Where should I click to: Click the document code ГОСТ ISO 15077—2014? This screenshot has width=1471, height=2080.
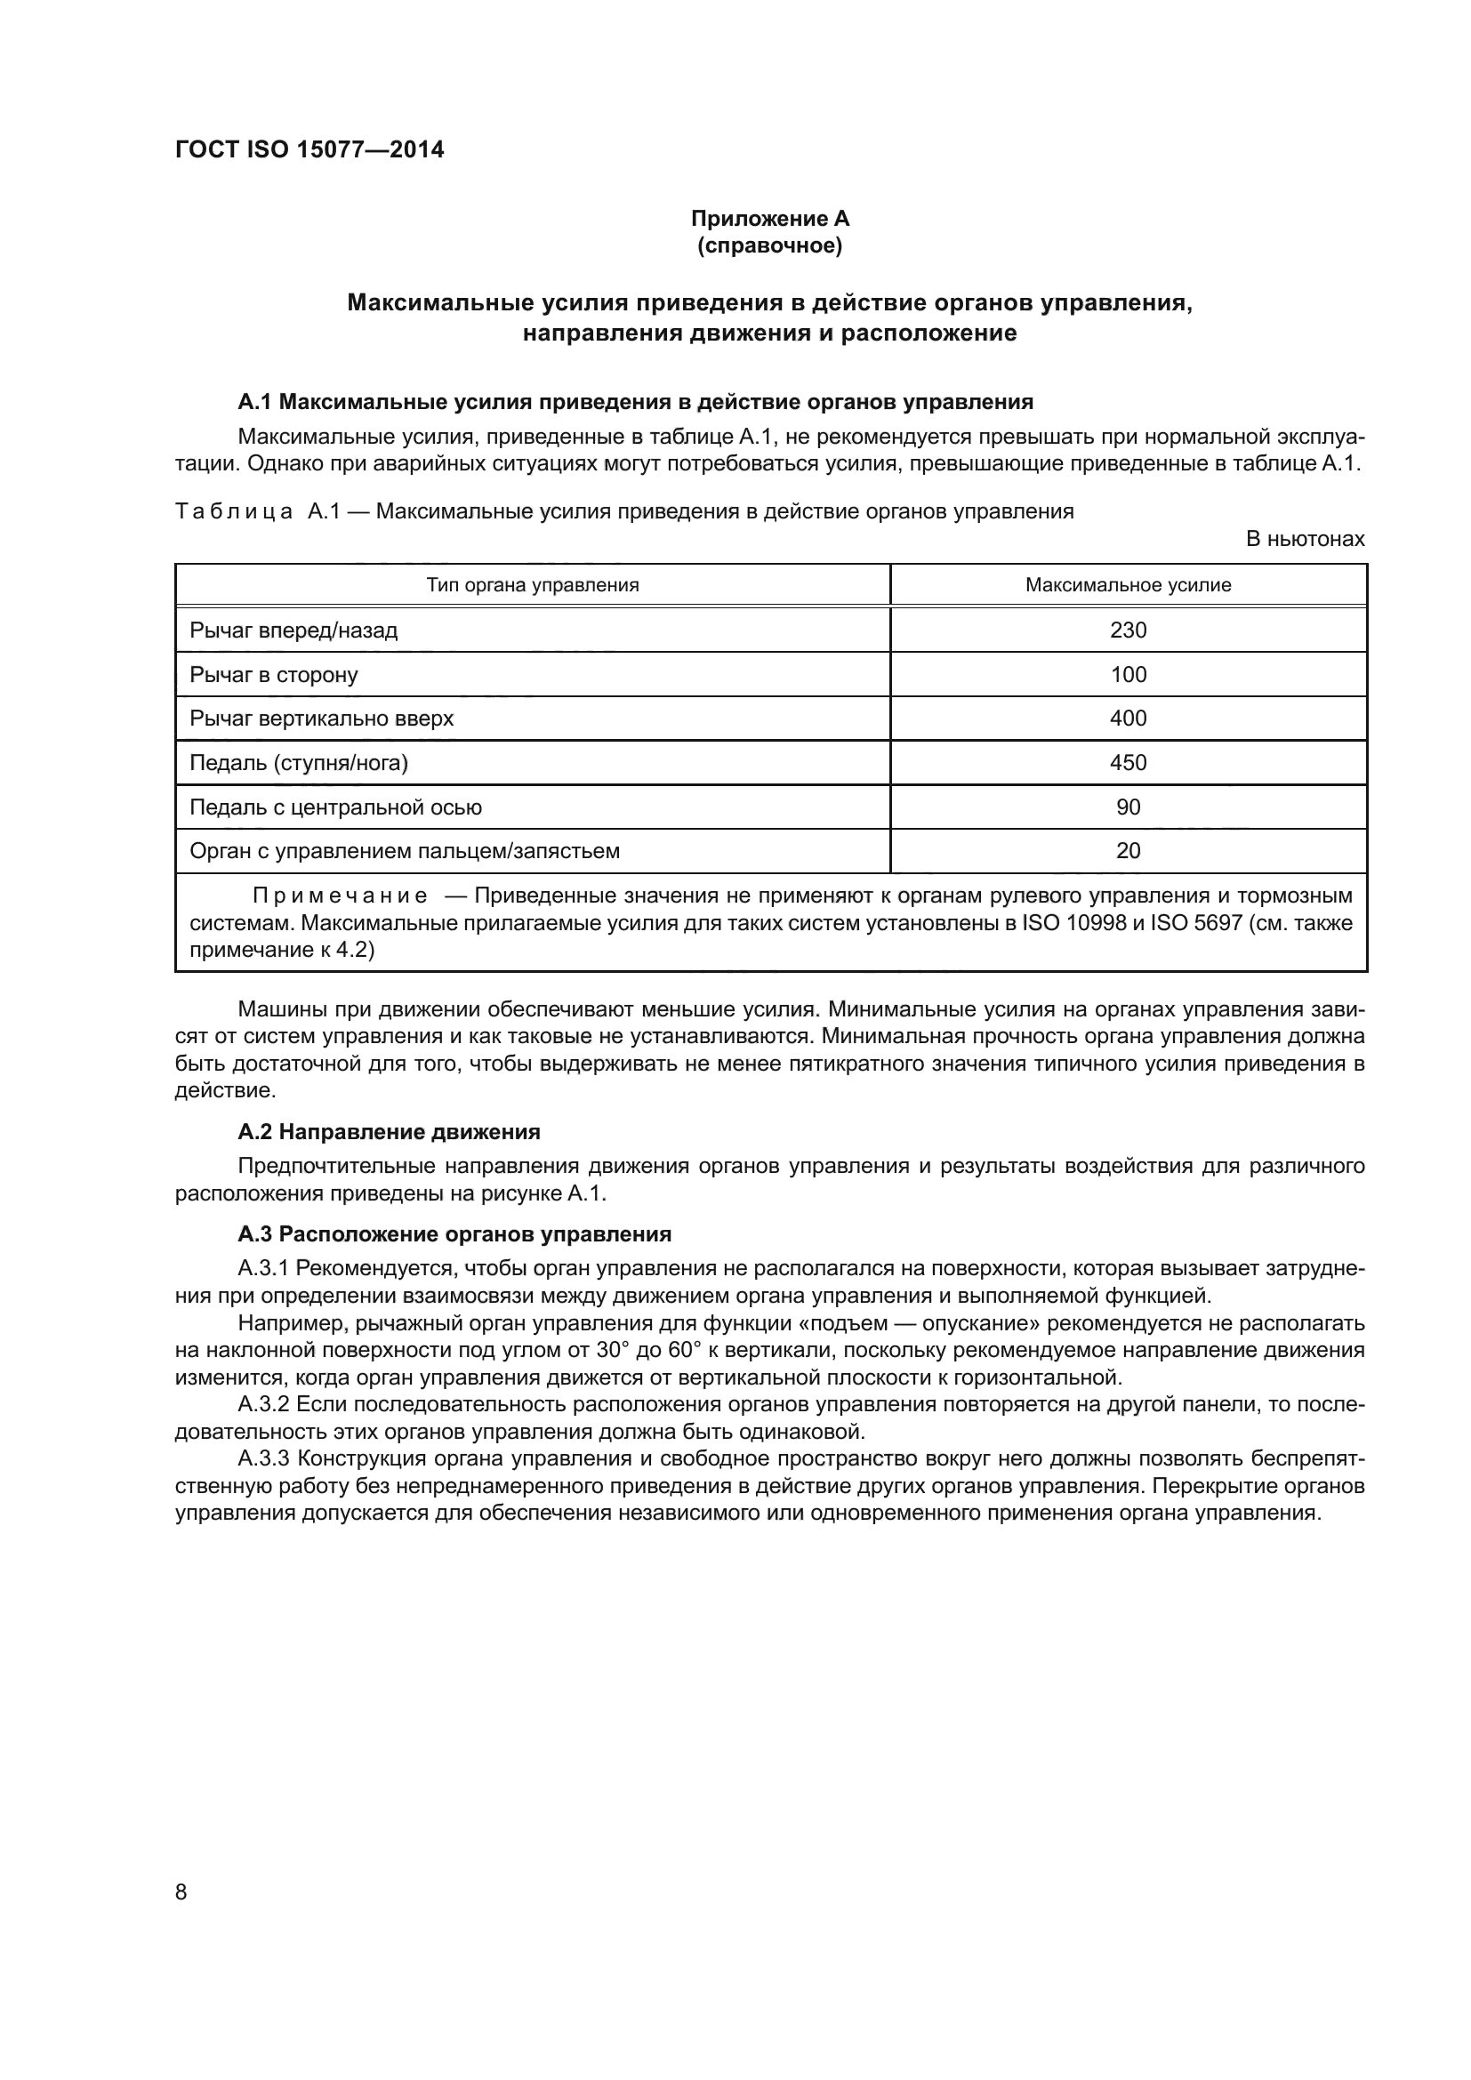pyautogui.click(x=309, y=149)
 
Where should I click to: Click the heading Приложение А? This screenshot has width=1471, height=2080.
pyautogui.click(x=770, y=219)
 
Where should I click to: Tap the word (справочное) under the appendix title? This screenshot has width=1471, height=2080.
pyautogui.click(x=770, y=245)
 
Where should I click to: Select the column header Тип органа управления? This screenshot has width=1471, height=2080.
pyautogui.click(x=533, y=585)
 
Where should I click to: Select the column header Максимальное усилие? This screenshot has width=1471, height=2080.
pyautogui.click(x=1128, y=585)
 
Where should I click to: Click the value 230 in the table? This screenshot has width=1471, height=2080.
pyautogui.click(x=1128, y=630)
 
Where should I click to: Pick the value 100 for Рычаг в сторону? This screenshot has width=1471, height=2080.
pyautogui.click(x=1128, y=674)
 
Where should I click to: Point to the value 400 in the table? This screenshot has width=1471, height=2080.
pyautogui.click(x=1128, y=719)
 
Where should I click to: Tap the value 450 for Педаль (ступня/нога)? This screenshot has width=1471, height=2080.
pyautogui.click(x=1128, y=763)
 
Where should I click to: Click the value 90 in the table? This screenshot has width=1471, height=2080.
pyautogui.click(x=1128, y=807)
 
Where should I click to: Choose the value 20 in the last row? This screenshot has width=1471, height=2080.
pyautogui.click(x=1128, y=851)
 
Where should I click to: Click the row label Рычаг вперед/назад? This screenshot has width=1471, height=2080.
pyautogui.click(x=293, y=630)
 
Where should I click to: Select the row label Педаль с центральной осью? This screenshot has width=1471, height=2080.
pyautogui.click(x=335, y=807)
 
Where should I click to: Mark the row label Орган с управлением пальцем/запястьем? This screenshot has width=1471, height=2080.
pyautogui.click(x=404, y=851)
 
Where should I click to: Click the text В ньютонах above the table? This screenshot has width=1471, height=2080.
pyautogui.click(x=1305, y=539)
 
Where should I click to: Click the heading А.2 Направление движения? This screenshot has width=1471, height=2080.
pyautogui.click(x=389, y=1131)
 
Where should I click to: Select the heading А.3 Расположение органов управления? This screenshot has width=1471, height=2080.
pyautogui.click(x=454, y=1234)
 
